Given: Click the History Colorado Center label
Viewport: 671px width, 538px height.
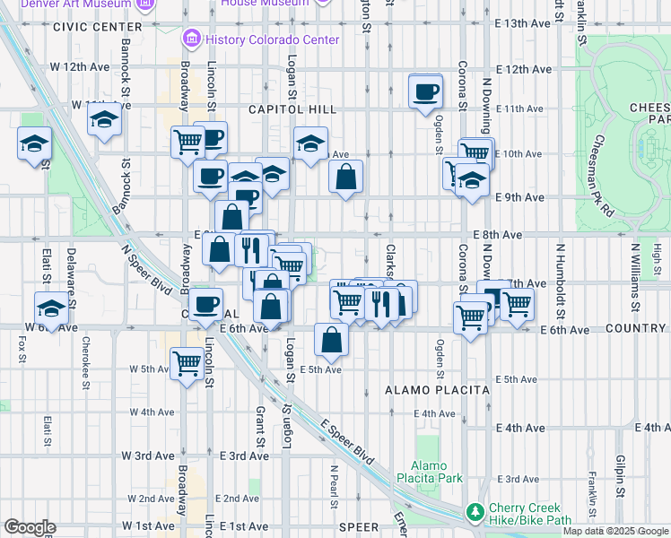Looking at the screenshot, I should pos(273,39).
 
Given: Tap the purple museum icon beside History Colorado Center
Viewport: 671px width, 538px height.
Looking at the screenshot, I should pos(191,39).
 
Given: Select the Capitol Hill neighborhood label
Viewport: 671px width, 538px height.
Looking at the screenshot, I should pos(292,109).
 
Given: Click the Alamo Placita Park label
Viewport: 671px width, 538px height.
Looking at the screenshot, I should pos(437,472).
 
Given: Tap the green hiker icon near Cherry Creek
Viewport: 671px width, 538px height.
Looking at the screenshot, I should pos(475,513).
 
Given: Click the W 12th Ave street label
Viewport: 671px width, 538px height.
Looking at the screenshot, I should pos(79,67).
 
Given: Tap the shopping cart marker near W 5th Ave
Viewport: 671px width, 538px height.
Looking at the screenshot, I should pos(187,364).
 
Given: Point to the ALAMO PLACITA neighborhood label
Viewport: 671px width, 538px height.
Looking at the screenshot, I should pos(437,390).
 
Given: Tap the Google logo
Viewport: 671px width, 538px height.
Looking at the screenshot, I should pos(30,527).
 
